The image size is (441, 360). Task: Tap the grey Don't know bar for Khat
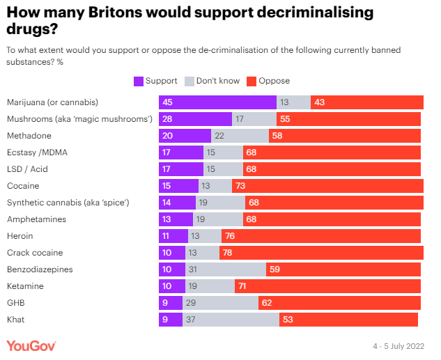231,319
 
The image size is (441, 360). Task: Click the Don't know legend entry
212,81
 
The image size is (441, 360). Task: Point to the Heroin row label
21,235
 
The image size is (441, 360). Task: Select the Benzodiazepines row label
40,269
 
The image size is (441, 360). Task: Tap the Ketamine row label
25,285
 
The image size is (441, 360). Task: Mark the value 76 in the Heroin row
230,235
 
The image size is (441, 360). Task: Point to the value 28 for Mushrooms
167,119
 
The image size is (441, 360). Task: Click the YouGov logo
31,345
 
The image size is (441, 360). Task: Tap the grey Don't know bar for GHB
220,302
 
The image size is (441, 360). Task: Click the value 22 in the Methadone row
219,136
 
